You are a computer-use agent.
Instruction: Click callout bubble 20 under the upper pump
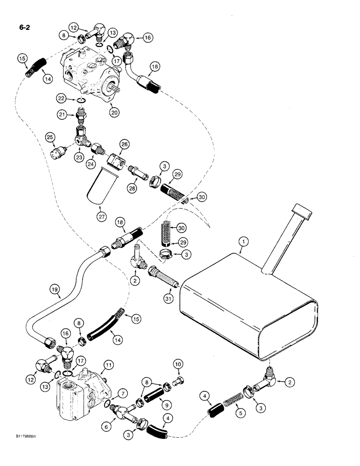tap(113, 111)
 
